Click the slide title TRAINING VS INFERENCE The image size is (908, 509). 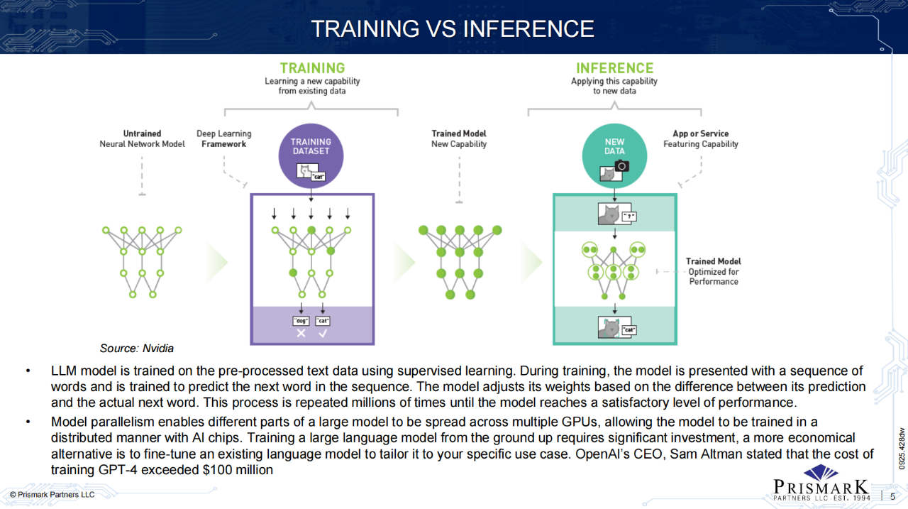click(453, 28)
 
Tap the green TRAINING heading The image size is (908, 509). click(312, 68)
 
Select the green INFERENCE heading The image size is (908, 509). click(614, 68)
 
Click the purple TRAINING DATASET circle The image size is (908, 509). click(311, 157)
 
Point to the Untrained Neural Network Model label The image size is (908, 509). click(142, 138)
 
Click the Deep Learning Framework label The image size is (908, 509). click(223, 138)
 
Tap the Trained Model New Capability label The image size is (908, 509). click(459, 138)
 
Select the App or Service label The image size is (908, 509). click(701, 138)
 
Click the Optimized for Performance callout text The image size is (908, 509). click(714, 276)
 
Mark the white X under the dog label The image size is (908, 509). click(301, 333)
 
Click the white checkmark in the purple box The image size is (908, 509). click(322, 333)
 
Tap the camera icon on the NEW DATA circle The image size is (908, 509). click(621, 165)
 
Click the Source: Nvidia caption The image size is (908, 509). click(137, 348)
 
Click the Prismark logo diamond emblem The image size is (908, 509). click(821, 473)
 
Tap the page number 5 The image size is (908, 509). click(892, 496)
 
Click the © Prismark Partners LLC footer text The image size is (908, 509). click(51, 494)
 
